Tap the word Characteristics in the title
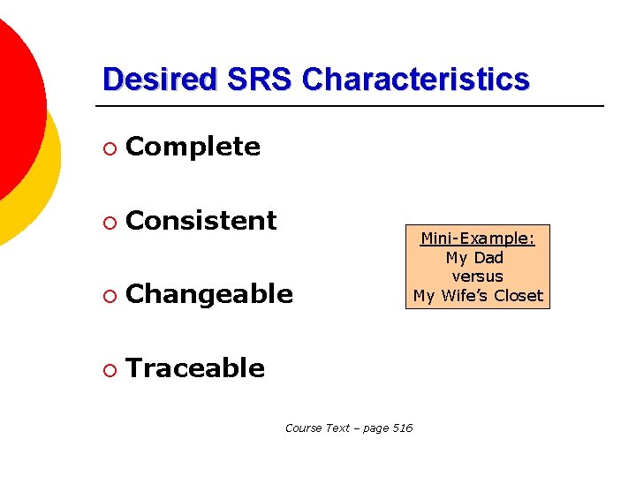coord(416,79)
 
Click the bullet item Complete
coord(193,147)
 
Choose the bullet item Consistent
coord(201,220)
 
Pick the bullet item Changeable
coord(209,294)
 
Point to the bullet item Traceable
coord(195,367)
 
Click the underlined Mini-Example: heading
coord(478,238)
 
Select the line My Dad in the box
coord(474,258)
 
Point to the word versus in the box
coord(477,276)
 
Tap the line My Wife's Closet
coord(478,296)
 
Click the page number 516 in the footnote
coord(401,428)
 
